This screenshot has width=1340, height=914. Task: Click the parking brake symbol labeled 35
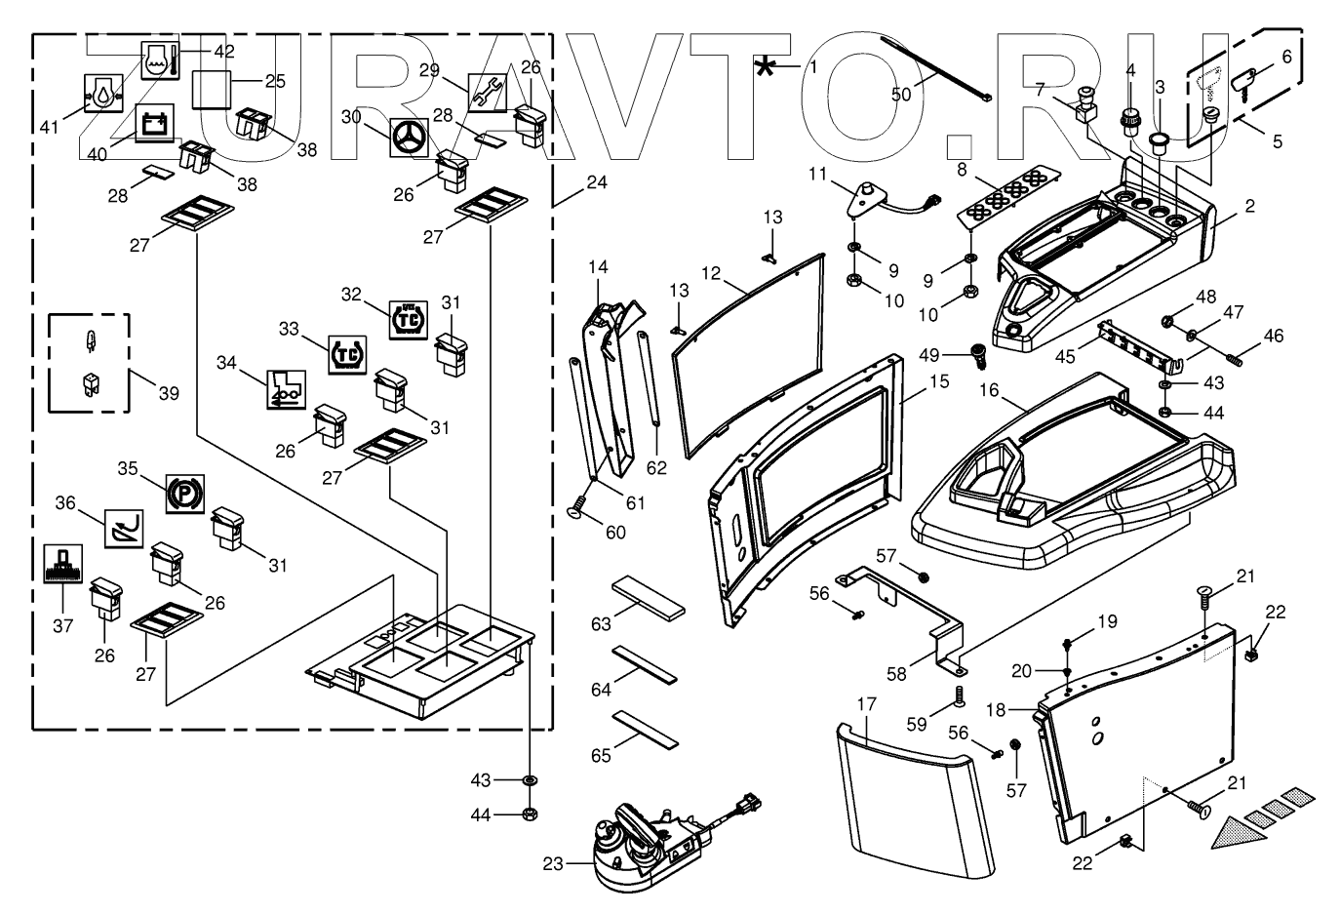tap(185, 495)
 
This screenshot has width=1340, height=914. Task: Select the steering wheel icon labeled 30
tap(410, 138)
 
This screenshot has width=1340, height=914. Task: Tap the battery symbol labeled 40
tap(155, 123)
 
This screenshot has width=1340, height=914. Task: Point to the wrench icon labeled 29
tap(488, 93)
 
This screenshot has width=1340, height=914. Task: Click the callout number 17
tap(866, 704)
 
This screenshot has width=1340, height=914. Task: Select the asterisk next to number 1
tap(765, 67)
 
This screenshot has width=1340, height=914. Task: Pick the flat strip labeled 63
tap(648, 599)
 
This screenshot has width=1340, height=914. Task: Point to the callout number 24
tap(597, 182)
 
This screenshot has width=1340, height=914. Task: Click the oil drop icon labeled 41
tap(103, 94)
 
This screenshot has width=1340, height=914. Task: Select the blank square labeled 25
tap(212, 90)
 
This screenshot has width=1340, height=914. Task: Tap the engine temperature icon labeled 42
tap(160, 60)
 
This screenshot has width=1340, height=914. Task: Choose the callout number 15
tap(939, 381)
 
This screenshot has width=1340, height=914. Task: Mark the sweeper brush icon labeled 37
tap(62, 564)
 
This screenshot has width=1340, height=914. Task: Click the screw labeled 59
tap(958, 696)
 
